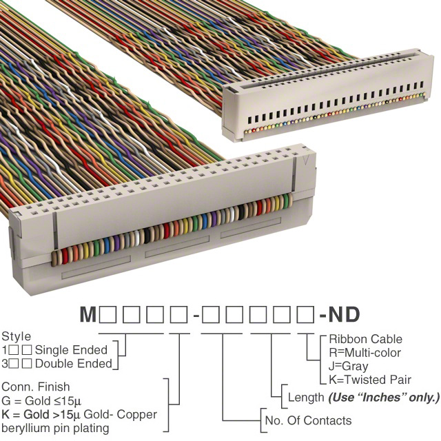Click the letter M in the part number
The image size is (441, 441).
coord(88,314)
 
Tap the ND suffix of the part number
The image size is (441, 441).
coord(345,314)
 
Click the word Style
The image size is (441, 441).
coord(17,336)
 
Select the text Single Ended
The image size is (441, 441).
coord(71,350)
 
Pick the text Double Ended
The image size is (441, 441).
coord(74,364)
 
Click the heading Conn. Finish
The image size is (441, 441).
coord(36,387)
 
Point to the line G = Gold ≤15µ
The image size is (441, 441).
coord(41,401)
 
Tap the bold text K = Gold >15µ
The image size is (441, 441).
coord(41,414)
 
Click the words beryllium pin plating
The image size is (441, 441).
coord(55,429)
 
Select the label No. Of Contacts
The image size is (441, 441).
coord(308,420)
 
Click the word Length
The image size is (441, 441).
coord(306,398)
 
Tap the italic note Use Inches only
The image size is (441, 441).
coord(384,398)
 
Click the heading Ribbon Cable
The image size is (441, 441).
coord(366,339)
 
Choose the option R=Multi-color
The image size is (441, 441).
coord(365,353)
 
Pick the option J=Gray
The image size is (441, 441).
coord(349,367)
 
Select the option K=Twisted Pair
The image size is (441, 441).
coord(370,380)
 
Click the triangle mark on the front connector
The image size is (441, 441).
coord(307,160)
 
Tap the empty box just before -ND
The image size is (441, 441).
coord(306,314)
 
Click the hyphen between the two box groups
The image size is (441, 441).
coord(196,316)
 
